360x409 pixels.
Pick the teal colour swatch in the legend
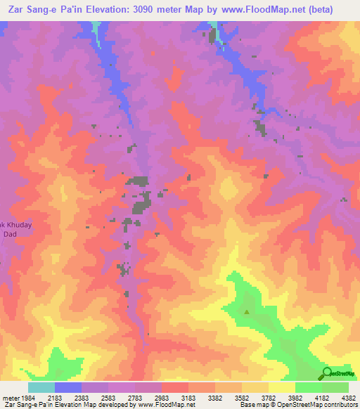[41, 387]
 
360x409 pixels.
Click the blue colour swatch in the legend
[68, 387]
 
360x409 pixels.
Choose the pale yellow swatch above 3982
[281, 387]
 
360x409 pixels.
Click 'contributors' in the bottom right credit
[340, 405]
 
